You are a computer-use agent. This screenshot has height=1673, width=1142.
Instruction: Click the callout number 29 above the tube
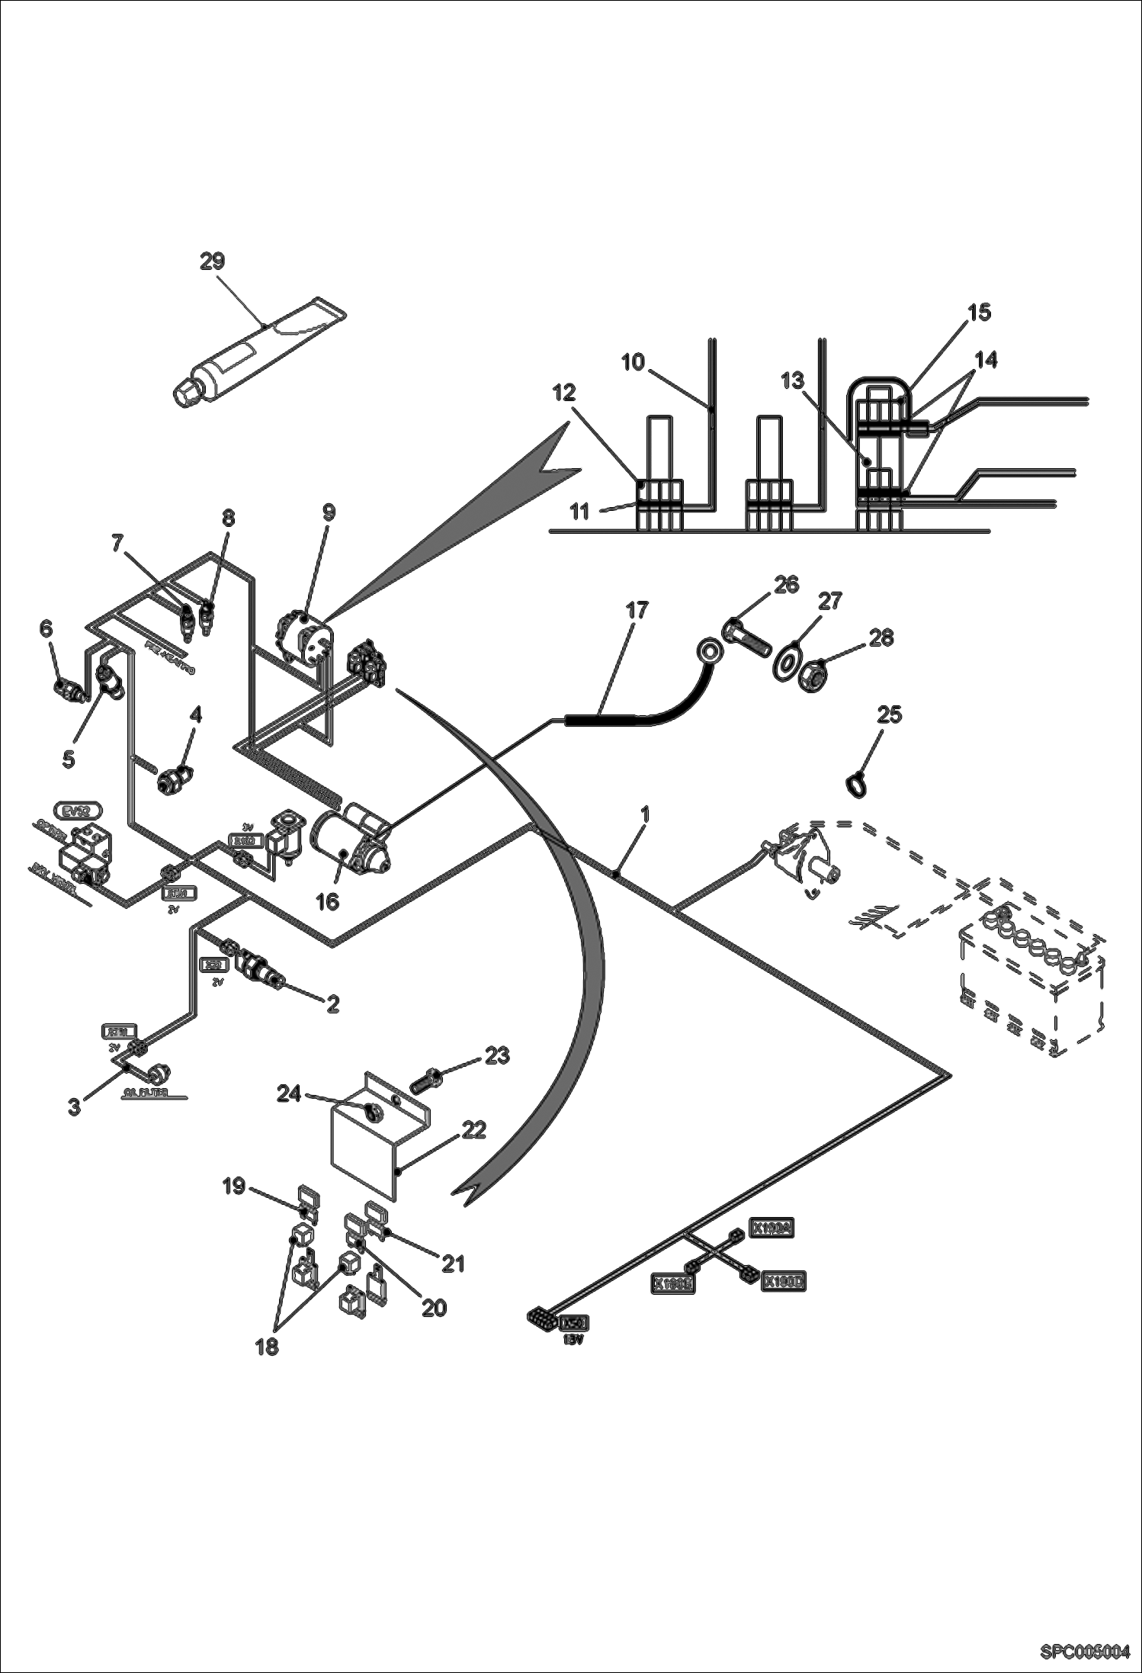coord(213,262)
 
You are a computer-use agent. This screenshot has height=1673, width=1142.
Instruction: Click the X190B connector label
coord(672,1284)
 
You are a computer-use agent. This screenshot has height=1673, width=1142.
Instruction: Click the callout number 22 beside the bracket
coord(474,1129)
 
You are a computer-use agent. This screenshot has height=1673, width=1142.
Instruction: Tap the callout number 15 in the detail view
coord(980,312)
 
